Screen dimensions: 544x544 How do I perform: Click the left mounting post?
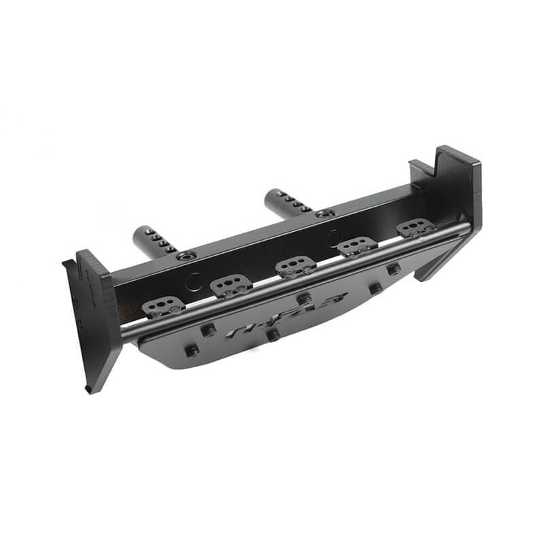[155, 241]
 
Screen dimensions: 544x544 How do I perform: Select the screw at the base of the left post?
[186, 256]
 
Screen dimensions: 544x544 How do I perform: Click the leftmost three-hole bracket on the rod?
[164, 307]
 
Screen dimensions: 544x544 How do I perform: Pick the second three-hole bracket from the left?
[232, 286]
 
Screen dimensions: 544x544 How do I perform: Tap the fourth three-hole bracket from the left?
[357, 246]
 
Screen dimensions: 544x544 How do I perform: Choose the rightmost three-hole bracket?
[416, 228]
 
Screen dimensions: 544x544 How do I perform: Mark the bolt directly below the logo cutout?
[273, 335]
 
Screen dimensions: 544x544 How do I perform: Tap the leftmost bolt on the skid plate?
[192, 351]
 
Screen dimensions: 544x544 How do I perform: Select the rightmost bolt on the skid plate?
[393, 269]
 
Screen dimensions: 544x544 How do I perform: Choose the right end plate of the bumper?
[454, 197]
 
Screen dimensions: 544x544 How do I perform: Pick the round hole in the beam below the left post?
[194, 282]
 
